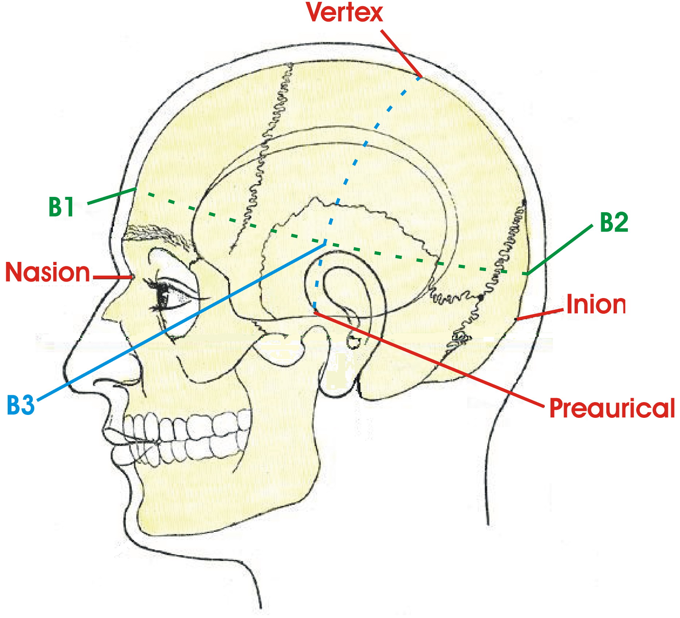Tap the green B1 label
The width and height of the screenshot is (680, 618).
(x=61, y=207)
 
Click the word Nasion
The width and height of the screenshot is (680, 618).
(x=47, y=272)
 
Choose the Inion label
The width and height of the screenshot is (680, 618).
(x=596, y=305)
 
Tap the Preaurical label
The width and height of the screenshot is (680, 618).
(x=612, y=408)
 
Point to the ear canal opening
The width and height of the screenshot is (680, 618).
(x=353, y=342)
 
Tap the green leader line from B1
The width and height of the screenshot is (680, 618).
(x=112, y=196)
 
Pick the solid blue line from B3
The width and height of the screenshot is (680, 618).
(x=182, y=321)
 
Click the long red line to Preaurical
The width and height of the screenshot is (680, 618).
(x=430, y=360)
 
